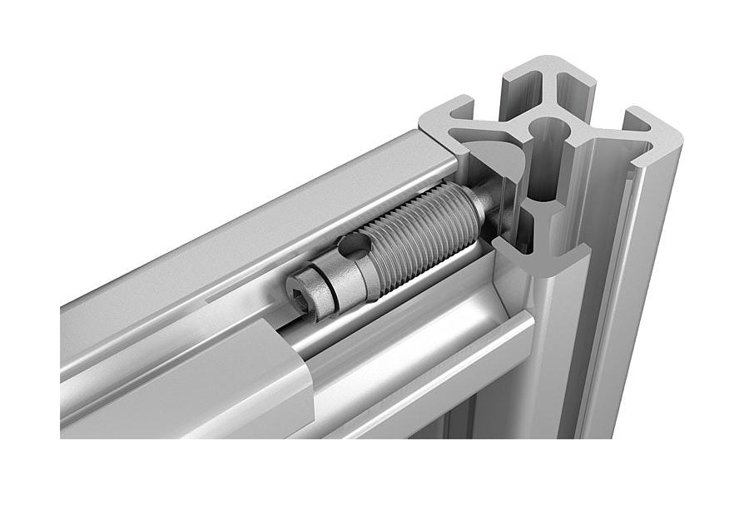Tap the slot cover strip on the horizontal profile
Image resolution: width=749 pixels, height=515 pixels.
[166, 391]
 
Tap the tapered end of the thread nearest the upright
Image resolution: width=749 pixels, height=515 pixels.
[476, 212]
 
